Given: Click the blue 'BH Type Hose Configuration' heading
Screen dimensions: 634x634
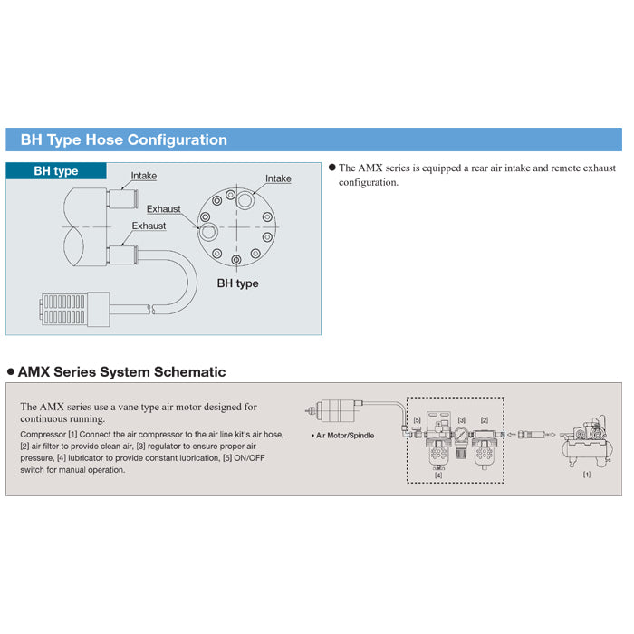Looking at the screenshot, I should click(x=117, y=140).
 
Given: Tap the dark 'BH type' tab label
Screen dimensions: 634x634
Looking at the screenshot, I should click(x=56, y=171).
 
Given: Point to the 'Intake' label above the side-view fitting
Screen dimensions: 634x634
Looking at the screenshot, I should click(x=144, y=176).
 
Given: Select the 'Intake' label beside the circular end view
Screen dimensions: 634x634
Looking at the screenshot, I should click(x=278, y=178).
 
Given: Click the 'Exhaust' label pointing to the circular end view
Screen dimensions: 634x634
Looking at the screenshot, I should click(x=164, y=209).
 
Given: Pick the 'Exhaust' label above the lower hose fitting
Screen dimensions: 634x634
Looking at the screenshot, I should click(x=149, y=226).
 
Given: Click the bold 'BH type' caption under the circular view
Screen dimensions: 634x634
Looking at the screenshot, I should click(x=237, y=283).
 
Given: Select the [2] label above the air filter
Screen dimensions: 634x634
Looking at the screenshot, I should click(x=485, y=420).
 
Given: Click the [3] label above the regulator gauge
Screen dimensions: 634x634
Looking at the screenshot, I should click(x=461, y=420).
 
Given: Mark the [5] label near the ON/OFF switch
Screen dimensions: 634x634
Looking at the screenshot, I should click(x=417, y=420).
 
